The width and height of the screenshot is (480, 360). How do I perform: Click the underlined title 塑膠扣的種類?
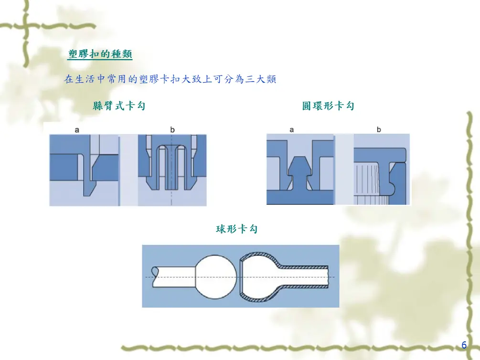coord(100,54)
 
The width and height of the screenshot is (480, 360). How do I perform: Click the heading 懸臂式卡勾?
coord(119,106)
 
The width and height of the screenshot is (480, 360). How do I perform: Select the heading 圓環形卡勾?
coord(328,106)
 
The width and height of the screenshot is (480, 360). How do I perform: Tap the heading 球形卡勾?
coord(236,229)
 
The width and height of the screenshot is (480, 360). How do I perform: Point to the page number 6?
coord(464,345)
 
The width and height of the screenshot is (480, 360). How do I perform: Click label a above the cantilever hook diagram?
coord(77,130)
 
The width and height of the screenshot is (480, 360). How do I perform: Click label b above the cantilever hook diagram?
coord(172,129)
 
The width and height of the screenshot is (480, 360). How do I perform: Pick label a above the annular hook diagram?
coord(292,130)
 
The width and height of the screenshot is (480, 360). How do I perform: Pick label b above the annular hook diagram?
coord(379,129)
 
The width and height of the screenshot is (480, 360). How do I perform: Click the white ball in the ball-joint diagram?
coord(216,277)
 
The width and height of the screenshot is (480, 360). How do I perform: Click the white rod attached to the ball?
coord(173,277)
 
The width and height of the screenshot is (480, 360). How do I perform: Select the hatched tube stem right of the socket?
coord(303,277)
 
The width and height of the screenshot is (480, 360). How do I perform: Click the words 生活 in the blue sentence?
coord(85,79)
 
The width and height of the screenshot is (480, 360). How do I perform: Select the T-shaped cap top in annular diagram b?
coord(380,155)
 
